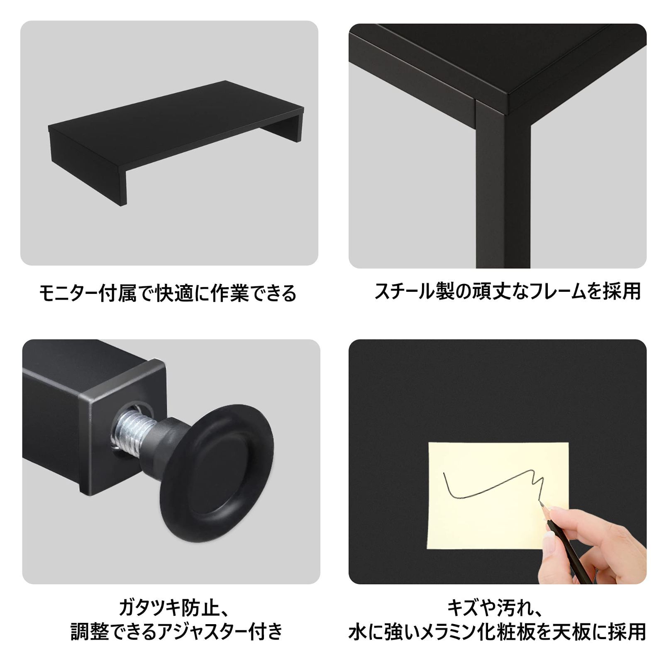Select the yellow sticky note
(498, 496)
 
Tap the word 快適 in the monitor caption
(174, 293)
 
